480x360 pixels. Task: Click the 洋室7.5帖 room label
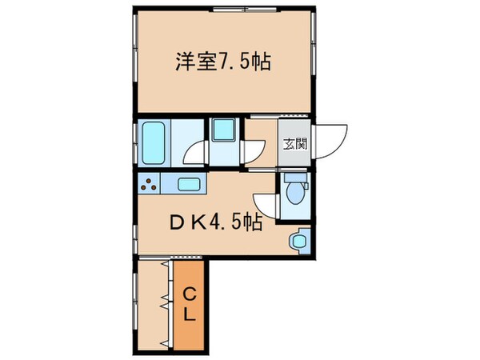222,62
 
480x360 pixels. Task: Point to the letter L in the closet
190,314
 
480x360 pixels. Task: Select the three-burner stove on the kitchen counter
149,186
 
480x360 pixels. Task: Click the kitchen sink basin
189,185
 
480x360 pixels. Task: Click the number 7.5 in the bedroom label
234,62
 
